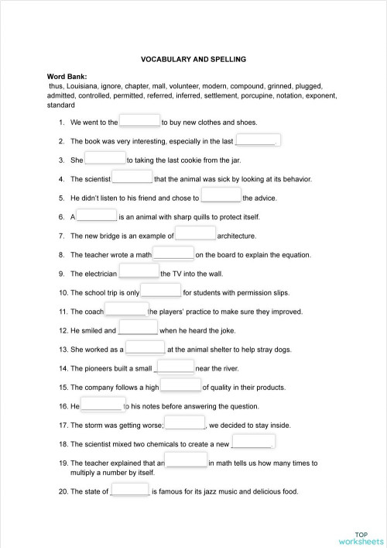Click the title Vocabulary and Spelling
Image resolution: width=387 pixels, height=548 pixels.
point(193,58)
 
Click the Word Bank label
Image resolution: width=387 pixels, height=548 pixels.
point(67,77)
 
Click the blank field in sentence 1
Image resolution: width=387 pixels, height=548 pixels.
point(139,122)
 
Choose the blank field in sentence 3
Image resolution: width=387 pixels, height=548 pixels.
point(104,159)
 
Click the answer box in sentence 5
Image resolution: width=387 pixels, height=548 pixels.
point(221,197)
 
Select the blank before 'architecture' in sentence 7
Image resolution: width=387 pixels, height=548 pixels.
point(195,234)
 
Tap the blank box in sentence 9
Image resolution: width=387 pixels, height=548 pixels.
point(139,273)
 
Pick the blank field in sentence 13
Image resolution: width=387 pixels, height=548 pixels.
point(145,348)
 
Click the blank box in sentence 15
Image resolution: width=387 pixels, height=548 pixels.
point(180,386)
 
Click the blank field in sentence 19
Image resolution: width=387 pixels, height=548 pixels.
point(186,461)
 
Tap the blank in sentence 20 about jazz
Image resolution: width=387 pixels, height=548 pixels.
point(130,491)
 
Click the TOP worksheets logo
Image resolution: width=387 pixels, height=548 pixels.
point(361,537)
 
